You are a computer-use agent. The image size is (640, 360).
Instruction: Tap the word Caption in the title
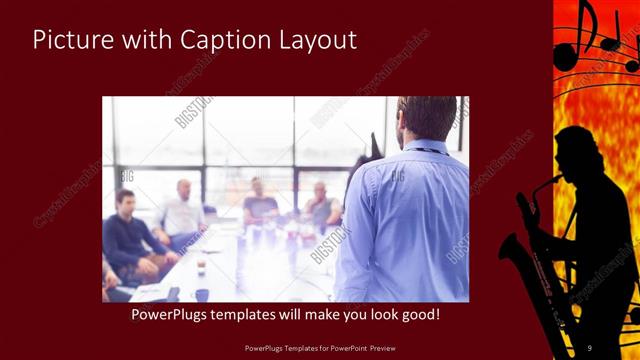tap(219, 39)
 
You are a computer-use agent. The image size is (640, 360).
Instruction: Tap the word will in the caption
tap(309, 314)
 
